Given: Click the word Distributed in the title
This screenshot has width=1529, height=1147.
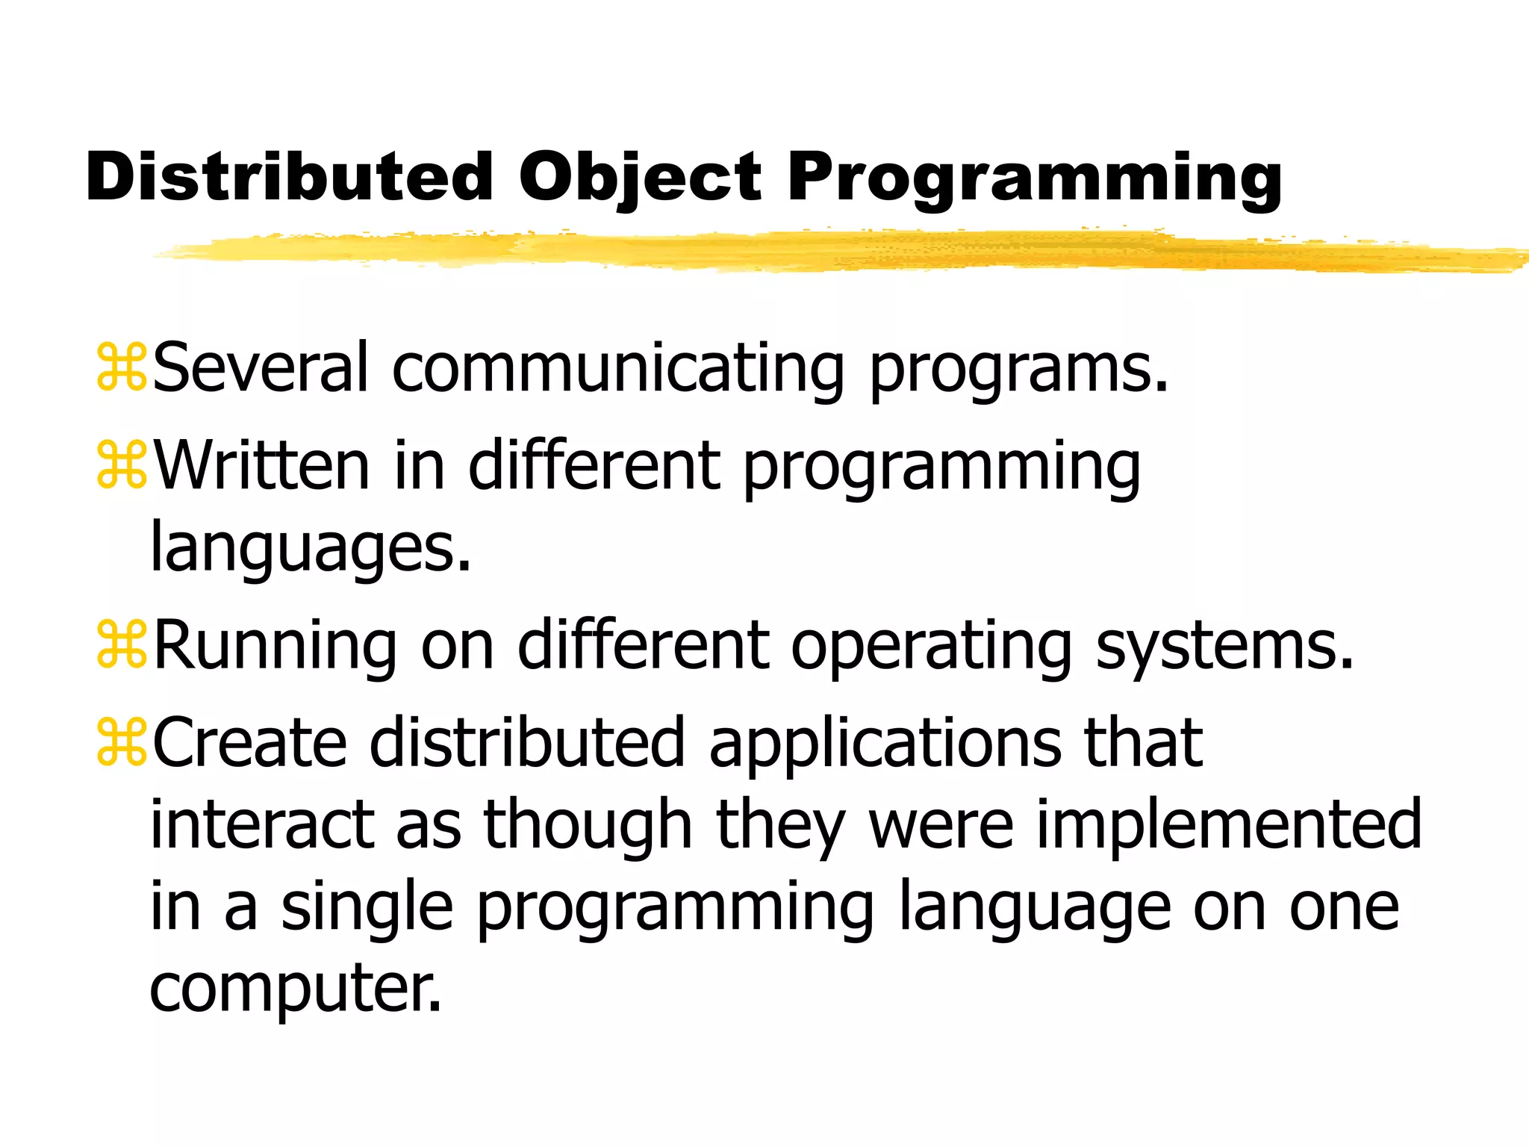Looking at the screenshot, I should point(289,178).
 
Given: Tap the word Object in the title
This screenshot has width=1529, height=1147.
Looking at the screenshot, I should point(640,178).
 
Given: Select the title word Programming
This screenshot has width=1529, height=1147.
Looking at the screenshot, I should point(1034,178).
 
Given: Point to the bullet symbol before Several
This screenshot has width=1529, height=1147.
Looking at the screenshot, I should point(122,367).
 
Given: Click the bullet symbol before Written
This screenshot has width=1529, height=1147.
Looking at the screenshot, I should point(122,465).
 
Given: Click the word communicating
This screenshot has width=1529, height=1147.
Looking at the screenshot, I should point(617,367).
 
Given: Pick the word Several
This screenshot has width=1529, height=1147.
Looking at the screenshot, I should point(261,367).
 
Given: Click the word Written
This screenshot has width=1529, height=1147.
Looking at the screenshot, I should point(261,465).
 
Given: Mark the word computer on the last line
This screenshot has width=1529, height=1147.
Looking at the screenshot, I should point(295,987).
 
